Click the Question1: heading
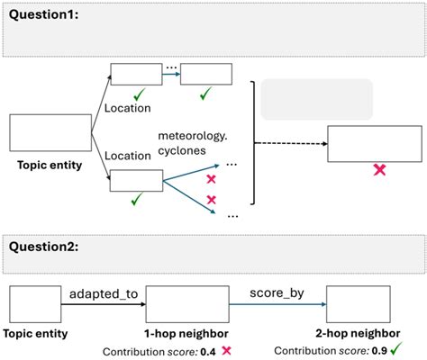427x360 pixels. (x=42, y=15)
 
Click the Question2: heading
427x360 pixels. (x=42, y=245)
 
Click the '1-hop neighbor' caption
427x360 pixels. (x=184, y=330)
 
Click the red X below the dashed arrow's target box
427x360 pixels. (x=379, y=168)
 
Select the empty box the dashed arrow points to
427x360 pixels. (x=373, y=143)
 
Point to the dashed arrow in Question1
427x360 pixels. (x=288, y=143)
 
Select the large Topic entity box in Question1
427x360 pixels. (x=50, y=132)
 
